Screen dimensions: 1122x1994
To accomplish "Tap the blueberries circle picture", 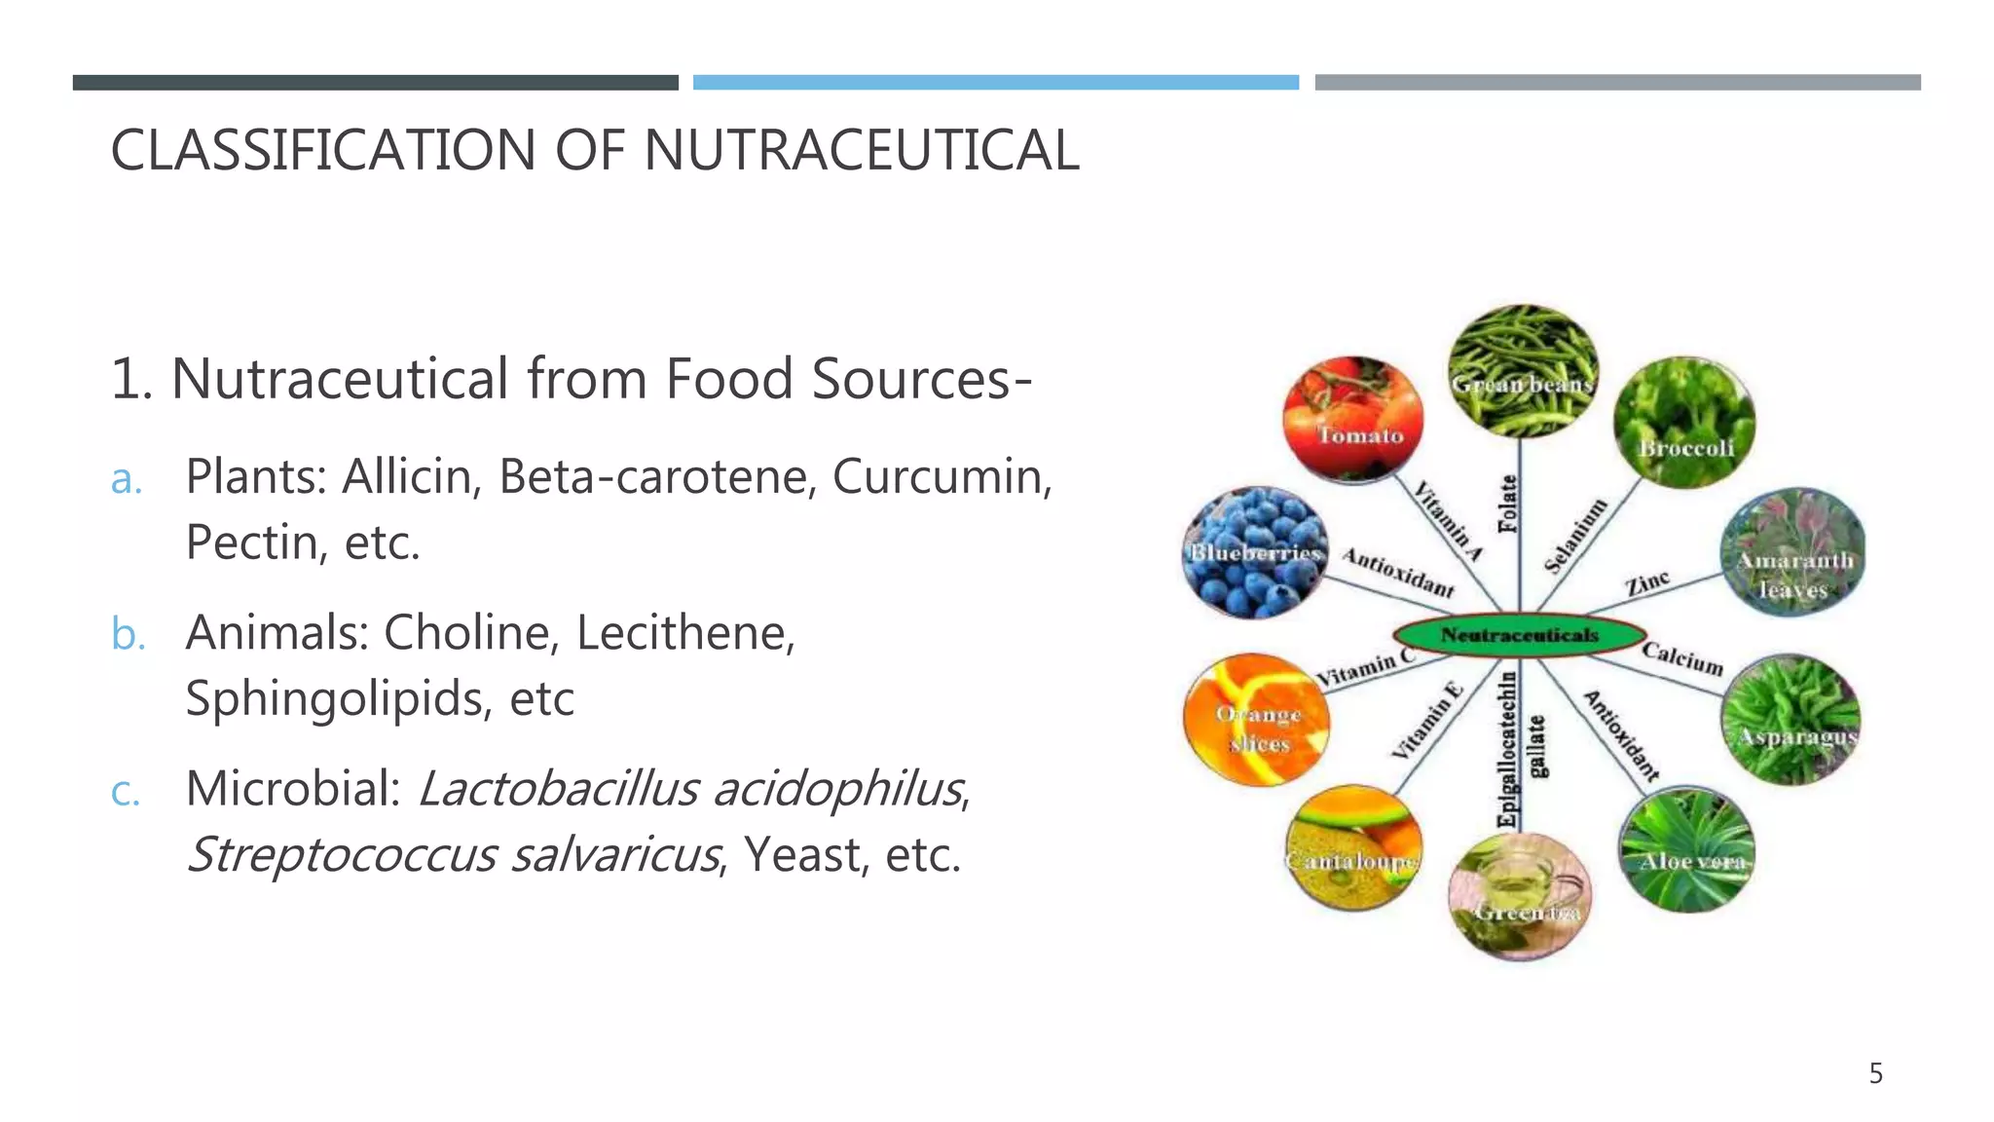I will pos(1254,553).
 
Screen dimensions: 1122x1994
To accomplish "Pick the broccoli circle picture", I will pos(1684,423).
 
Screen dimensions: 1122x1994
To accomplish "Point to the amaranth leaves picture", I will pos(1792,552).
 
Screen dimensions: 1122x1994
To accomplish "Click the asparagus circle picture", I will pos(1791,719).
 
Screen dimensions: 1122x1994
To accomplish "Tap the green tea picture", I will pos(1520,896).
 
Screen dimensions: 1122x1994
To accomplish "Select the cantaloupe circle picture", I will pos(1352,847).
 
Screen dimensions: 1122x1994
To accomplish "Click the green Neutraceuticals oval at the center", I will pos(1520,635).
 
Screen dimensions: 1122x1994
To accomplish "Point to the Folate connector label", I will pos(1508,504).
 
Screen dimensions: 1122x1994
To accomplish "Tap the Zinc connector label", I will pos(1646,584).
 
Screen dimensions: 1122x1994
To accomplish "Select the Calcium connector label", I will pos(1682,658).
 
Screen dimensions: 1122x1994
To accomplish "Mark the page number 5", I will pos(1875,1074).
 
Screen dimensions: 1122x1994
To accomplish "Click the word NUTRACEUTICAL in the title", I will pos(861,151).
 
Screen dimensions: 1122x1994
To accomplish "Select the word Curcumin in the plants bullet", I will pos(942,476).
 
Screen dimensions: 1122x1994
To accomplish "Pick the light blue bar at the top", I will pos(995,83).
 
